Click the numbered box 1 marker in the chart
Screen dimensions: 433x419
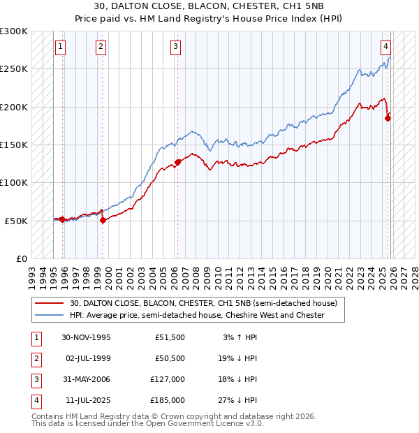coord(61,47)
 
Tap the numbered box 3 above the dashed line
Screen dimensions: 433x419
coord(175,47)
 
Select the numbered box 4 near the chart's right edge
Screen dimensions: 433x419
coord(385,47)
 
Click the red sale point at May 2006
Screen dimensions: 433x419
coord(177,162)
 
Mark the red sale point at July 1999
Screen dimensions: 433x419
coord(103,220)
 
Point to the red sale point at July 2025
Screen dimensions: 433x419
coord(388,118)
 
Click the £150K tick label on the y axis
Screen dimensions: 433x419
coord(14,145)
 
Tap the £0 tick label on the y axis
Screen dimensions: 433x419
coord(20,258)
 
